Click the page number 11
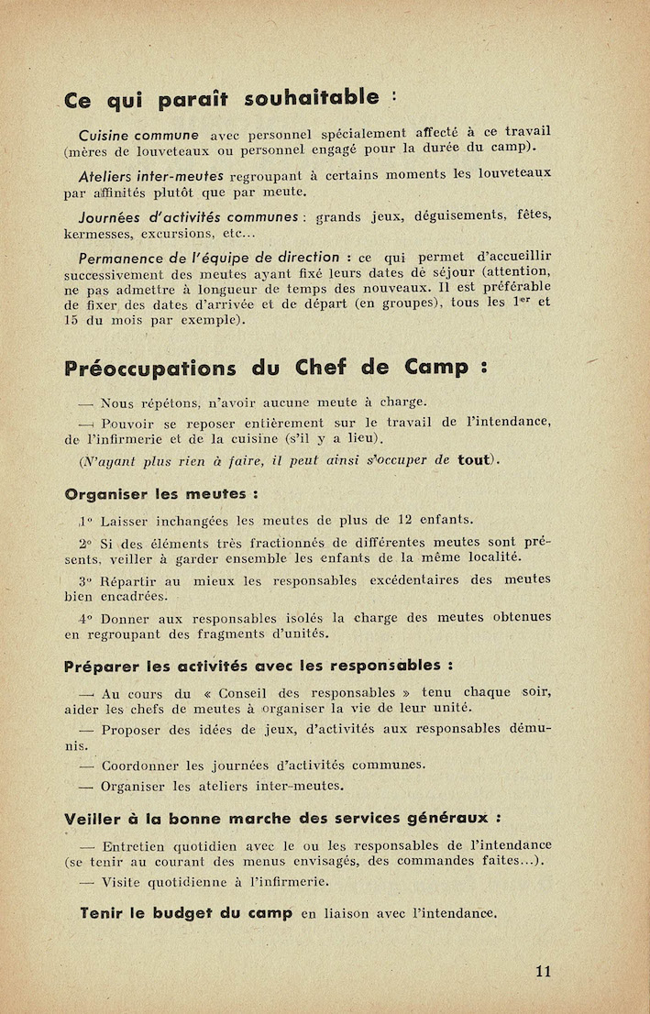[x=544, y=972]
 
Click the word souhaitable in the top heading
[x=322, y=97]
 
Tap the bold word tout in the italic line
[x=476, y=459]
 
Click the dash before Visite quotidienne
[x=87, y=882]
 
